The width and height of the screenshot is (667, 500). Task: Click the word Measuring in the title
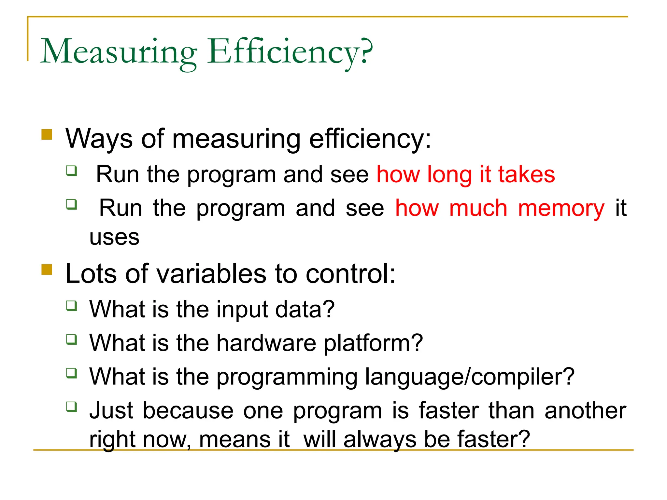click(x=119, y=52)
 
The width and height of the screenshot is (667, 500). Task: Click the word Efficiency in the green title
click(x=283, y=52)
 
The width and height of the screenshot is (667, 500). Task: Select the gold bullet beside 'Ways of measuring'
click(x=47, y=134)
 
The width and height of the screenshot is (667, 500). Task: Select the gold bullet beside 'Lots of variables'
click(x=47, y=270)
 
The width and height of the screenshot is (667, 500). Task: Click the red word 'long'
click(x=449, y=175)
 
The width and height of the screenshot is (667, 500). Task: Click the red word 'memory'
click(x=561, y=208)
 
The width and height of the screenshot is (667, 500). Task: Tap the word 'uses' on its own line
click(x=114, y=238)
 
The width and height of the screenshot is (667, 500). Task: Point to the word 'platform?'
click(x=373, y=343)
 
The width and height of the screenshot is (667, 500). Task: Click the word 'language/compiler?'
click(x=470, y=377)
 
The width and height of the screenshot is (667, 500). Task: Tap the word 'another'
click(x=585, y=410)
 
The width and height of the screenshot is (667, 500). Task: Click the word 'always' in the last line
click(x=380, y=440)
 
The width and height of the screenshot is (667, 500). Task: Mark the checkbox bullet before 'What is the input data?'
click(x=72, y=306)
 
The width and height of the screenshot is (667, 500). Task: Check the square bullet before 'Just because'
click(x=72, y=407)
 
